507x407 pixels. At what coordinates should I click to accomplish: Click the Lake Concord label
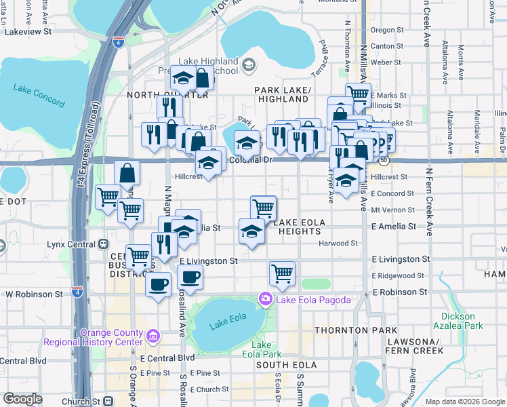coord(38,95)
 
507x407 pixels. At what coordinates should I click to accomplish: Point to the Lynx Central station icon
coord(103,244)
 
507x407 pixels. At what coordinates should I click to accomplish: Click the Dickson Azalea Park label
coord(462,321)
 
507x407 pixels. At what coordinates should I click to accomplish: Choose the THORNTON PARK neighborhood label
coord(346,330)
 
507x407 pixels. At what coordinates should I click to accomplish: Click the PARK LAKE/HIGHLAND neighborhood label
coord(282,94)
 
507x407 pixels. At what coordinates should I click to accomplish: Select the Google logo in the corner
coord(22,399)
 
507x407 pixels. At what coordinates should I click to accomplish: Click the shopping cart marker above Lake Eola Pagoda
coord(282,273)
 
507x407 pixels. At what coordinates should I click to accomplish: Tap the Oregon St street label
coord(387,30)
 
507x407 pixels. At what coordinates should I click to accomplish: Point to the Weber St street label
coord(387,62)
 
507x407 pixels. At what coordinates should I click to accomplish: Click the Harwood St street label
coord(339,243)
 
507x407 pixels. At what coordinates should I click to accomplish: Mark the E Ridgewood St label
coord(398,275)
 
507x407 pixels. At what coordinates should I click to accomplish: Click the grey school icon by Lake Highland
coord(249,65)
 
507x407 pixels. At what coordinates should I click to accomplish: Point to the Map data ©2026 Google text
coord(464,402)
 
